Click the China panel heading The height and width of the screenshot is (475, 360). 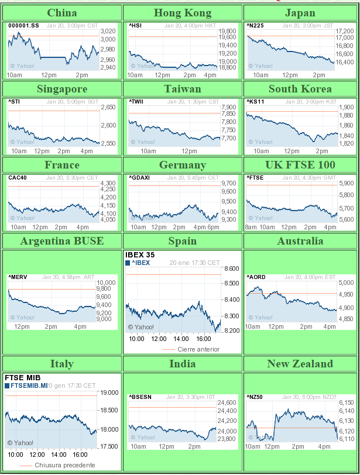pyautogui.click(x=62, y=13)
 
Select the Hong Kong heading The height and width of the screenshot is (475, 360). pyautogui.click(x=182, y=13)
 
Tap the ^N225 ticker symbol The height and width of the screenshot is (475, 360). pyautogui.click(x=255, y=26)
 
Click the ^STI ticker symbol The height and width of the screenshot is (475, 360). pyautogui.click(x=14, y=102)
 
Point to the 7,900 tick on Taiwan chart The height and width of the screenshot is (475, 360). pyautogui.click(x=228, y=108)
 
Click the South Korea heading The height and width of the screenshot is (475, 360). pyautogui.click(x=300, y=89)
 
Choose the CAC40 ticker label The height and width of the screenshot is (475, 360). pyautogui.click(x=17, y=178)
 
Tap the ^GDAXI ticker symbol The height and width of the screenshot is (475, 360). pyautogui.click(x=139, y=178)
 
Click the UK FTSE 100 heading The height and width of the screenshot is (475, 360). pyautogui.click(x=300, y=165)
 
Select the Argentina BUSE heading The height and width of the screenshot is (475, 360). pyautogui.click(x=62, y=241)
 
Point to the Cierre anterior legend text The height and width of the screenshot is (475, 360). pyautogui.click(x=198, y=349)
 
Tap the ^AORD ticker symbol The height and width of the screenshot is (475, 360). pyautogui.click(x=256, y=277)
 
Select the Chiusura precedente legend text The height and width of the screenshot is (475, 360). pyautogui.click(x=64, y=465)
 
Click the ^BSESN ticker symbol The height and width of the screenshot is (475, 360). pyautogui.click(x=140, y=397)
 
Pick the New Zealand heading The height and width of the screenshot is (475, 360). pyautogui.click(x=300, y=364)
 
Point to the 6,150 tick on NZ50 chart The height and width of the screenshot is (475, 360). pyautogui.click(x=347, y=402)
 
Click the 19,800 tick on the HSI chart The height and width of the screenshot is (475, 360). pyautogui.click(x=228, y=32)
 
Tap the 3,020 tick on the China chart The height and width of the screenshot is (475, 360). pyautogui.click(x=108, y=32)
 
